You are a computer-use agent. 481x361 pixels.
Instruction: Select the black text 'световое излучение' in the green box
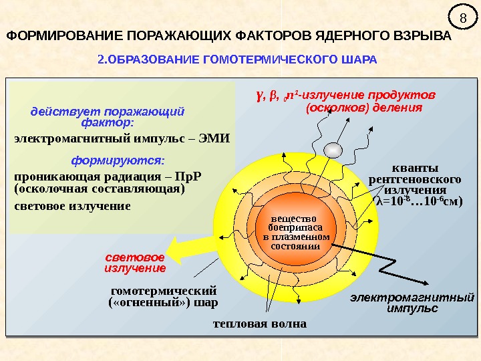tap(72, 206)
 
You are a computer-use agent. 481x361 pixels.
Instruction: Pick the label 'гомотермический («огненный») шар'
tap(164, 296)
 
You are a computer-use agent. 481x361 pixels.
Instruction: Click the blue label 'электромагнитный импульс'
tap(412, 302)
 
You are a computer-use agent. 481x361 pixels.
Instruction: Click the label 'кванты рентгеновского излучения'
tap(415, 179)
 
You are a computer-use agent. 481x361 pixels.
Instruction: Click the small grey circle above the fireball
tap(331, 149)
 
